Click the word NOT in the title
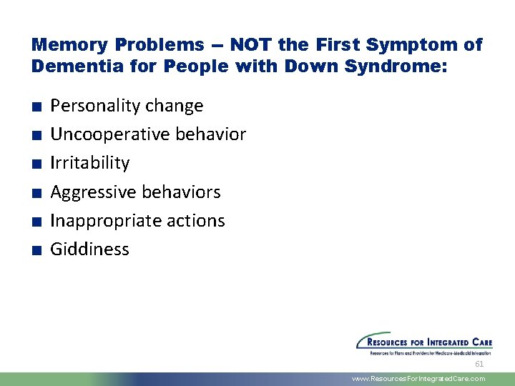coord(251,45)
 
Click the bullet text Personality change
coord(127,106)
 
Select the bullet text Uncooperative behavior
coord(148,134)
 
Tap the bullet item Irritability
coord(89,163)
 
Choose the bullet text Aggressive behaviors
coord(135,192)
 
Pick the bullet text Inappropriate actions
coord(137,221)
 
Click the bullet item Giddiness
coord(89,249)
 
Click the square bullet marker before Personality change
coord(36,107)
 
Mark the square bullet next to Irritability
coord(36,164)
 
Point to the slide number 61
coord(479,363)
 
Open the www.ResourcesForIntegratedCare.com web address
coord(418,379)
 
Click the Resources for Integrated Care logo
coord(424,343)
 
